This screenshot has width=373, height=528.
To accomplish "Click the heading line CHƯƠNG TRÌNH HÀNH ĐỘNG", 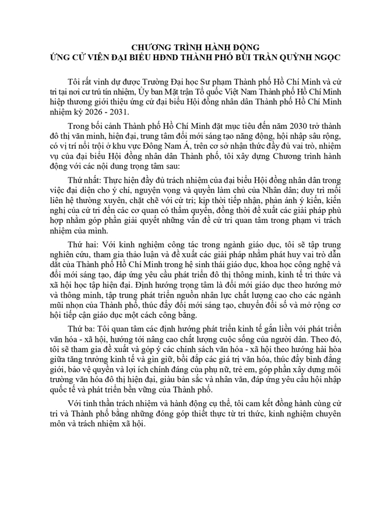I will (186, 47).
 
